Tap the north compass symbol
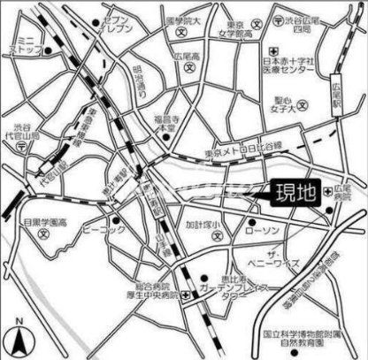coord(19,339)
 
